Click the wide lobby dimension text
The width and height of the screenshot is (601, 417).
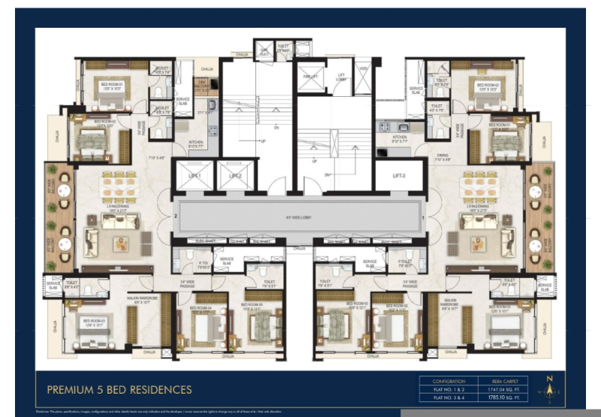299,219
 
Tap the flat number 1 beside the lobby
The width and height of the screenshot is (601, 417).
424,218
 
